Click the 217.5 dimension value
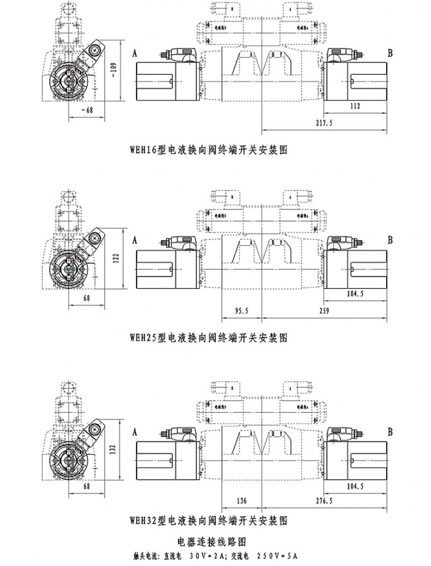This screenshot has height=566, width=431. [323, 124]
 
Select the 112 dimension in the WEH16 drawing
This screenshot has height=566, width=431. [355, 107]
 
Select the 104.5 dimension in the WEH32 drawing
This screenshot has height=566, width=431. [356, 486]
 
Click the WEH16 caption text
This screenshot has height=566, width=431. [209, 150]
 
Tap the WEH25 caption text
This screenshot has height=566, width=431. [209, 338]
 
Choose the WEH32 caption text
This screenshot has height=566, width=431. [209, 520]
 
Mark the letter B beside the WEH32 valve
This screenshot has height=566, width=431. [390, 429]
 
